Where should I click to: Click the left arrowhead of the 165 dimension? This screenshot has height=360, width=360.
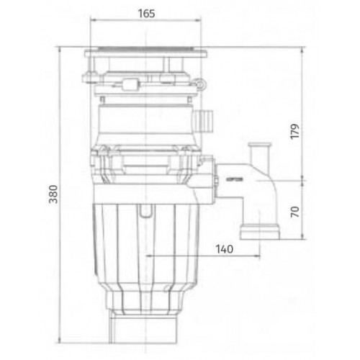91,23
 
